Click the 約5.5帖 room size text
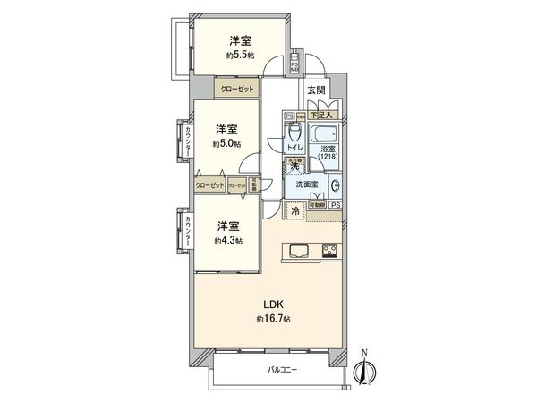238,56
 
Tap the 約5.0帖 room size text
225,142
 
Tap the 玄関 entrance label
315,90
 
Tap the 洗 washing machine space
293,167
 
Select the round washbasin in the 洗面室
335,185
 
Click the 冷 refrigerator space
294,212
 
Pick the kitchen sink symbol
298,249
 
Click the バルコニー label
282,371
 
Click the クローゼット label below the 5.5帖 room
235,90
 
